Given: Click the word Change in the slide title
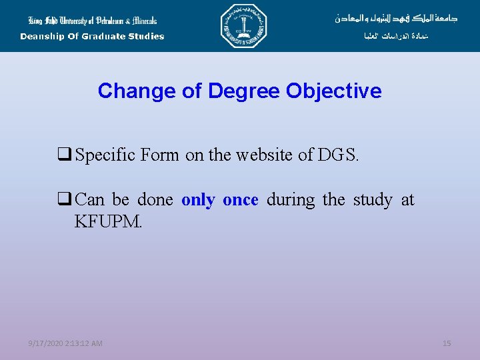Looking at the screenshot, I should (x=126, y=91).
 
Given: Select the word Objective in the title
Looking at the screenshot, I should (x=334, y=91).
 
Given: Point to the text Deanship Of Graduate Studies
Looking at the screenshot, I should (x=92, y=37).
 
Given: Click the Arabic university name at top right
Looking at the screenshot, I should (x=396, y=18).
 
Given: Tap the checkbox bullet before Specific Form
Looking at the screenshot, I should (x=65, y=156).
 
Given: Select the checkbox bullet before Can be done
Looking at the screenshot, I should (x=65, y=200).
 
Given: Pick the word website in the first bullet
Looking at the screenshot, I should (x=261, y=156).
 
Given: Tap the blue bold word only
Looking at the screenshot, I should (x=198, y=200).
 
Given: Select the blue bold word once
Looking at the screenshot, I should (x=240, y=200).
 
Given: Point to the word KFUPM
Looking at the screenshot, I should (x=109, y=221).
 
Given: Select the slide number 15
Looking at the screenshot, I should (x=447, y=343).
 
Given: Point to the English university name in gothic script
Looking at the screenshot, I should (x=92, y=19).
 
